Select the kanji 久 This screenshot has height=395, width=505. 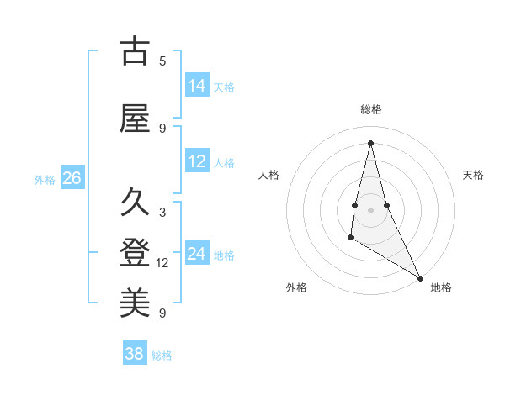136,203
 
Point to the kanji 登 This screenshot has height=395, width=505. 136,253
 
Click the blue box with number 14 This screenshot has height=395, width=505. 197,86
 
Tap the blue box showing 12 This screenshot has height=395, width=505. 197,161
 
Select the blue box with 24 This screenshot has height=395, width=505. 197,254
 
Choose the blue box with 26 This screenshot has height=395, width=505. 72,178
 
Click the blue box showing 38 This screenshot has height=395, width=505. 135,354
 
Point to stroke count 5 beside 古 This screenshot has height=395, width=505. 162,61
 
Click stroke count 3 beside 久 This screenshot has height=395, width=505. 162,213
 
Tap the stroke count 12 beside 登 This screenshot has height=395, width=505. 162,263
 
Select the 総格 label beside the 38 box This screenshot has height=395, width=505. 162,355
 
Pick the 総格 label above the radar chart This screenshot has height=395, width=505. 370,109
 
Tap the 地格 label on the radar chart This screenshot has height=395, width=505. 441,287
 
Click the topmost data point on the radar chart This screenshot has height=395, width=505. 370,142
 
